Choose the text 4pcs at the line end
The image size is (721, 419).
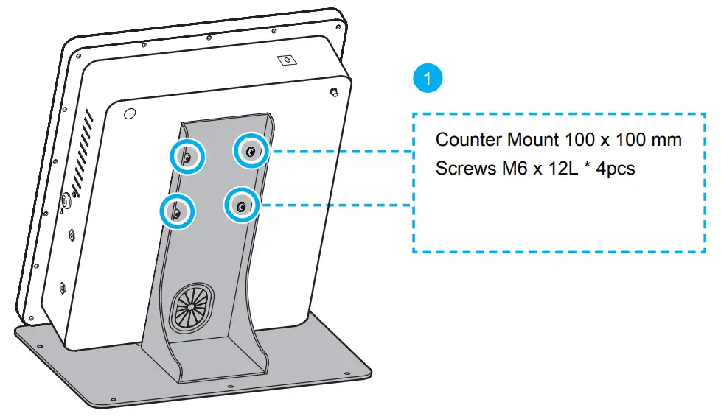(x=616, y=168)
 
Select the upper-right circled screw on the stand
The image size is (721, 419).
(x=251, y=151)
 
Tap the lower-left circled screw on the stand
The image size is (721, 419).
(x=177, y=212)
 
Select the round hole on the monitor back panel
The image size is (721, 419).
(x=130, y=114)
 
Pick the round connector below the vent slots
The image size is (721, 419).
(x=64, y=200)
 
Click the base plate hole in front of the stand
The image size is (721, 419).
(x=230, y=386)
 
